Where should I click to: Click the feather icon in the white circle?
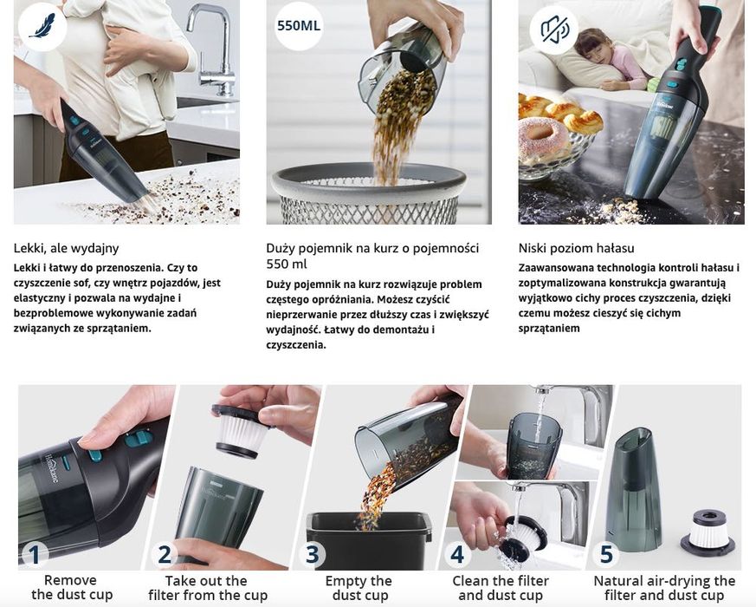40,26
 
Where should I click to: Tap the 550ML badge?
299,26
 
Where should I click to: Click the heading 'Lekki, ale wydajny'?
67,248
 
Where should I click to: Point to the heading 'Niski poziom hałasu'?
576,248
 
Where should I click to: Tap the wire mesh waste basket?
369,195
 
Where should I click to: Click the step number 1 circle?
34,553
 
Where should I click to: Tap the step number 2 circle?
165,553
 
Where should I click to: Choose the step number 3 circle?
312,553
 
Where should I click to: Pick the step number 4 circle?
457,553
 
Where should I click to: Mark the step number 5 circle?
606,553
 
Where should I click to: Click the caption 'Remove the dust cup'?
71,587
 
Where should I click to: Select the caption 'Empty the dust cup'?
359,587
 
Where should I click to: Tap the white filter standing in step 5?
707,528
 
